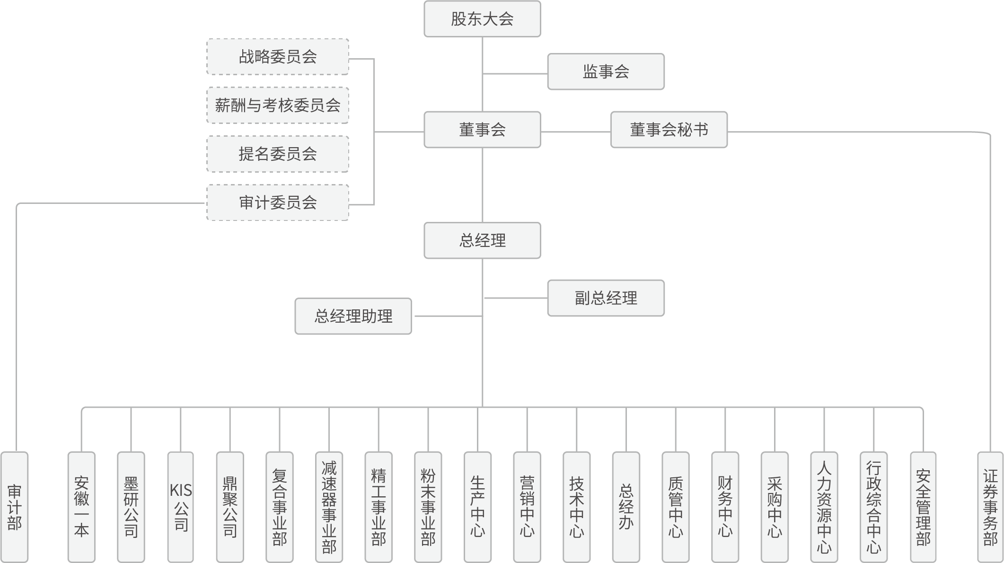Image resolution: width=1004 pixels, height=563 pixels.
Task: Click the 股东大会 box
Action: pyautogui.click(x=482, y=19)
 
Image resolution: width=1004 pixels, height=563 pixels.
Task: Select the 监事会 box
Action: pyautogui.click(x=606, y=72)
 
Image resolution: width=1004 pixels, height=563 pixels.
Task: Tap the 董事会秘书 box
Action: pyautogui.click(x=669, y=130)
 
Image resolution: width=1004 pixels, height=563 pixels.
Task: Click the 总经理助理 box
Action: pyautogui.click(x=353, y=316)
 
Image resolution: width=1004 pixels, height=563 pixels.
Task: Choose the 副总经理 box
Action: pyautogui.click(x=606, y=298)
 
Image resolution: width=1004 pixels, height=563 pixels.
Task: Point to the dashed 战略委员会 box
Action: pyautogui.click(x=278, y=57)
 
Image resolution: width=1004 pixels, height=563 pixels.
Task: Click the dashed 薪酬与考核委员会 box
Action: pyautogui.click(x=278, y=105)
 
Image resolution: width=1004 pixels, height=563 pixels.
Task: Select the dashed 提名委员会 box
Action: pyautogui.click(x=278, y=154)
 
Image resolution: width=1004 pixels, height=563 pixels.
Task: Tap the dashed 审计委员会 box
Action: pyautogui.click(x=278, y=202)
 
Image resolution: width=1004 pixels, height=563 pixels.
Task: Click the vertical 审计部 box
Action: pyautogui.click(x=15, y=507)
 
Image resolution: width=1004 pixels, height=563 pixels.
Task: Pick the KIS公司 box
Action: pyautogui.click(x=181, y=507)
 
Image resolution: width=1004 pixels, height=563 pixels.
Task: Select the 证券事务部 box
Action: pyautogui.click(x=990, y=507)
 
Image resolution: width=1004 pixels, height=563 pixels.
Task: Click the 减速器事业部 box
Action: pyautogui.click(x=329, y=507)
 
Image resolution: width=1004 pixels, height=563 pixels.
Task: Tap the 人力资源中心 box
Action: pyautogui.click(x=824, y=507)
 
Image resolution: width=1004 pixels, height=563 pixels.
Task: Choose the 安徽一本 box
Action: pyautogui.click(x=81, y=507)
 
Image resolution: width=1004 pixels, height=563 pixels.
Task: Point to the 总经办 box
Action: pyautogui.click(x=626, y=507)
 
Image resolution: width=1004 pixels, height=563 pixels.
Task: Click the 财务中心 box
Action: pyautogui.click(x=725, y=507)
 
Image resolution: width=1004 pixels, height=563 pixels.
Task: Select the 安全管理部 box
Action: pyautogui.click(x=923, y=507)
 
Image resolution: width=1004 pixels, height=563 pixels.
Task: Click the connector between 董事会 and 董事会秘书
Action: pyautogui.click(x=575, y=132)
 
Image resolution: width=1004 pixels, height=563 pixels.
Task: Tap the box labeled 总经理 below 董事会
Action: pyautogui.click(x=482, y=240)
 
